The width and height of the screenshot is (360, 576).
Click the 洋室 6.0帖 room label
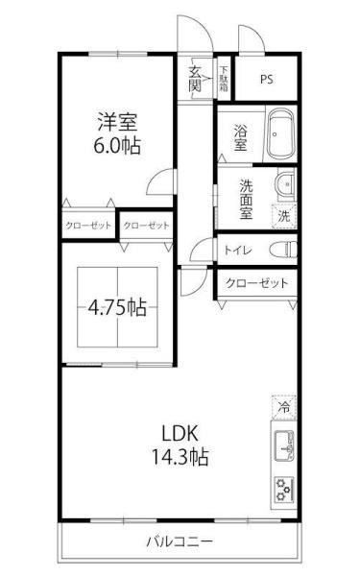pyautogui.click(x=114, y=134)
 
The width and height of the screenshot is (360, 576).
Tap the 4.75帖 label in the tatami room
pyautogui.click(x=118, y=310)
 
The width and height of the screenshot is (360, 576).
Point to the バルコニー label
pyautogui.click(x=180, y=540)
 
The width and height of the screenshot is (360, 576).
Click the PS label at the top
pyautogui.click(x=265, y=79)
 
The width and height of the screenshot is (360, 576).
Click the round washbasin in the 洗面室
pyautogui.click(x=285, y=185)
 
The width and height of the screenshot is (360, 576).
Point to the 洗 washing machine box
pyautogui.click(x=283, y=216)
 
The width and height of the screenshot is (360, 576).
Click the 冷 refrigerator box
pyautogui.click(x=283, y=407)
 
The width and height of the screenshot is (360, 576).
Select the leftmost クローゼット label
pyautogui.click(x=87, y=226)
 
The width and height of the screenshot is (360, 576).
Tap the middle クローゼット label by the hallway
pyautogui.click(x=146, y=226)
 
